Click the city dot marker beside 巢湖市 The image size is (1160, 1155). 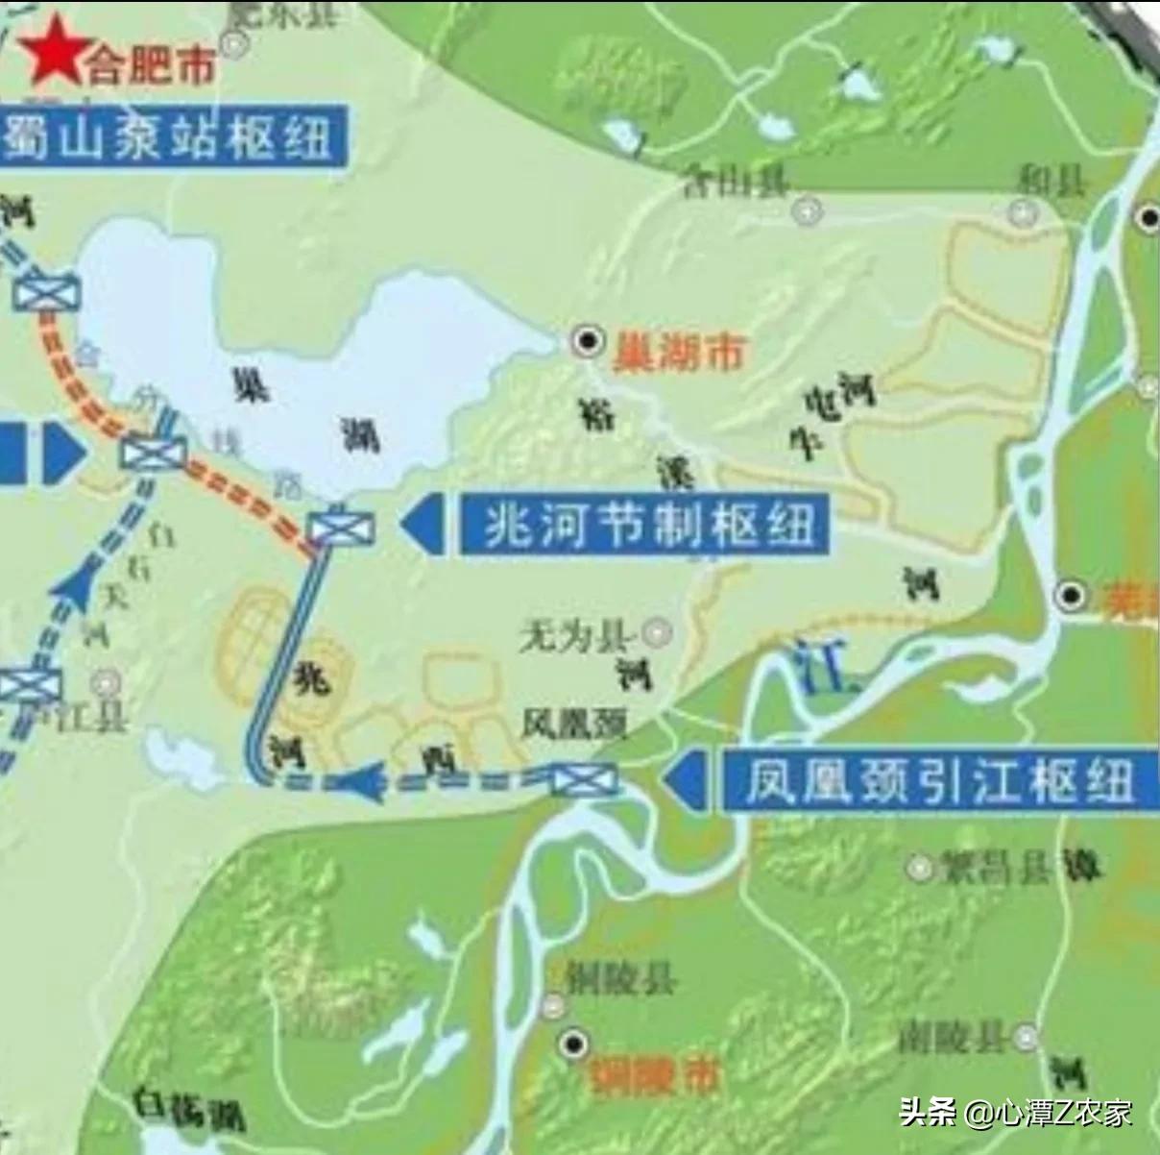(x=587, y=340)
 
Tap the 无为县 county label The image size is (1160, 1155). (x=574, y=635)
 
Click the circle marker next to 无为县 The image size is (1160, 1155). (x=658, y=632)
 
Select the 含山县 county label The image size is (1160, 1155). (x=735, y=182)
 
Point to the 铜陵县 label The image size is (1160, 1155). (x=619, y=979)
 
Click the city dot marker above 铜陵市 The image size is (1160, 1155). (x=574, y=1044)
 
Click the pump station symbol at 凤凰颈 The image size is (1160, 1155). (x=584, y=779)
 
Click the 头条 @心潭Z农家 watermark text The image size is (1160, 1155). (x=1016, y=1113)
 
